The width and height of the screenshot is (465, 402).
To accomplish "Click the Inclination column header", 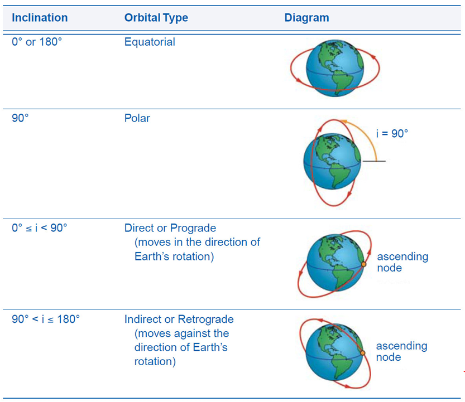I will point(40,18).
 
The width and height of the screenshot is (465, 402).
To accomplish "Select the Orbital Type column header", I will point(156,18).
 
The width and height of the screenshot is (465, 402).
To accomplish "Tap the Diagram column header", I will point(306,18).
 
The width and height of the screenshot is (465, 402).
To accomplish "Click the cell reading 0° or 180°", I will point(37,42).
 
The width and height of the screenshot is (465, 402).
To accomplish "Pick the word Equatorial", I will point(150,42).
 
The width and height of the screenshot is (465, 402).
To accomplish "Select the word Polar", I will point(137,118).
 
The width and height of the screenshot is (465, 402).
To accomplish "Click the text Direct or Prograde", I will point(170,228).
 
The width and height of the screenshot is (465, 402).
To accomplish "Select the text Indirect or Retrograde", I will point(179,319).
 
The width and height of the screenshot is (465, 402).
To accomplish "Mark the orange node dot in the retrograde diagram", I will point(362,353).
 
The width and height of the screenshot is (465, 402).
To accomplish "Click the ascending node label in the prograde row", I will point(402,262).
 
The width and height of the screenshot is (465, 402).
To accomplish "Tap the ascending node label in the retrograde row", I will point(401,351).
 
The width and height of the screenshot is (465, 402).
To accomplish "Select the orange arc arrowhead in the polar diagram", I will point(348,119).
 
